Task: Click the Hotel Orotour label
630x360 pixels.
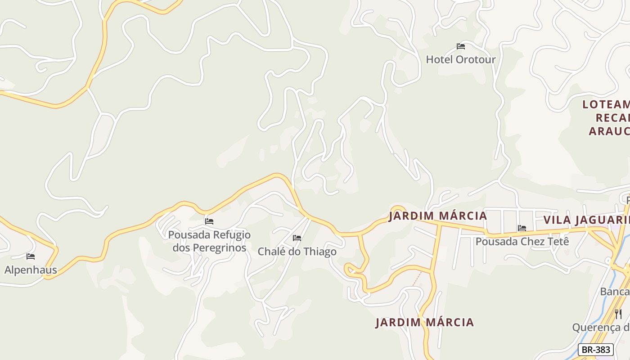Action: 460,59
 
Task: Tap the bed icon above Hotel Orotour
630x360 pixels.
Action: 460,46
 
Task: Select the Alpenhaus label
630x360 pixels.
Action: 31,270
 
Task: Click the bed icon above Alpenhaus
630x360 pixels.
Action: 31,256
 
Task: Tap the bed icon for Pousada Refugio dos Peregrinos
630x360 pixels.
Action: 209,221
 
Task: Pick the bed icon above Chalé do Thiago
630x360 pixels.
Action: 297,238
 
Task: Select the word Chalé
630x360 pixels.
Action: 270,252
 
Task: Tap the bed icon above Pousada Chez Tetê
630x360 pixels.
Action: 522,228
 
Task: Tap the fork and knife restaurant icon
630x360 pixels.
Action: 618,314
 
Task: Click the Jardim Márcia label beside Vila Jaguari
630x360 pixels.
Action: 438,216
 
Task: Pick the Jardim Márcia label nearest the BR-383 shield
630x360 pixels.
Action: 425,322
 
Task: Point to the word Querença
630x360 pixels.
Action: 597,327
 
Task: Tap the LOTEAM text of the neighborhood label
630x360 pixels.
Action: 606,105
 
